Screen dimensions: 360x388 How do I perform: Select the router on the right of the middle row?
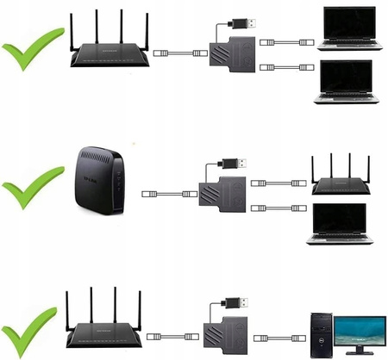pos(341,178)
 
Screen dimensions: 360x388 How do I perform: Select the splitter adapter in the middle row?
pos(221,195)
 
